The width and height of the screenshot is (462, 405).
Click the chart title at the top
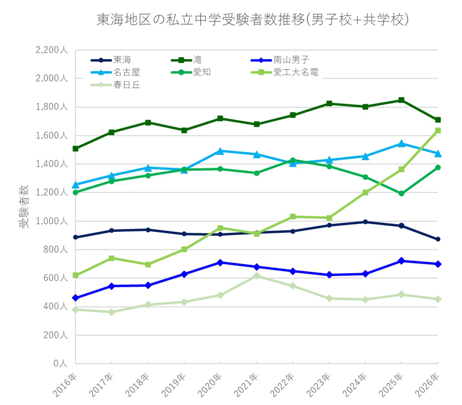252,19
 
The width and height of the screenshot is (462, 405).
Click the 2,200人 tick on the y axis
52,50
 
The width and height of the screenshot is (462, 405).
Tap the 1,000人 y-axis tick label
52,221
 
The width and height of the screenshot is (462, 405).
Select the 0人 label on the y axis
60,363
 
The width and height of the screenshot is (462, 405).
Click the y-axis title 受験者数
24,207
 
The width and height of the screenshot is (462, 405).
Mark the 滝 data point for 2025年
401,100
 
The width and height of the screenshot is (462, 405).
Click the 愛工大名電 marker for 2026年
438,131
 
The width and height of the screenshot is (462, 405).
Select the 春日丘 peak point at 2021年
257,276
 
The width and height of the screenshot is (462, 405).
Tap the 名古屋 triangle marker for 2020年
220,151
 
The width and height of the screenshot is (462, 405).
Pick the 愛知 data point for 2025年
401,193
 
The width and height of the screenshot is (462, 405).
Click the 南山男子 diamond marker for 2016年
76,298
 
